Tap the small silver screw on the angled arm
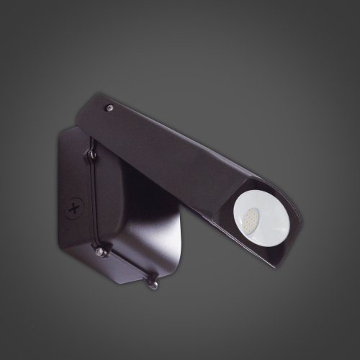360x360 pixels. [x=110, y=107]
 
